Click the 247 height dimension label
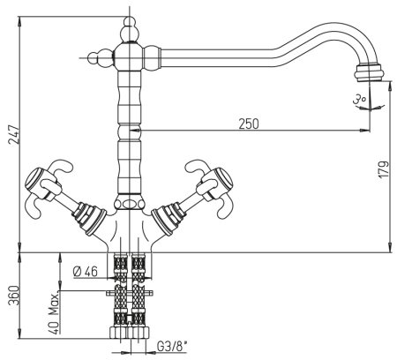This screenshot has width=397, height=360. point(14,134)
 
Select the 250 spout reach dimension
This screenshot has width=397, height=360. point(249,124)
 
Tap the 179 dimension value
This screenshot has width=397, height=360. point(384,169)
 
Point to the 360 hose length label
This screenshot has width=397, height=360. point(14,295)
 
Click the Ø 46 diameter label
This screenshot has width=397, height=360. point(86,271)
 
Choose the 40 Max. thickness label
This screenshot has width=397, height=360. point(54,313)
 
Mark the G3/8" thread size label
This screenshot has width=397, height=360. point(172,346)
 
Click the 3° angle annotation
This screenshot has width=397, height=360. point(360,99)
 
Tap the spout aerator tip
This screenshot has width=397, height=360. point(370,72)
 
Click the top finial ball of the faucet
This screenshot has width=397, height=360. point(130,22)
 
